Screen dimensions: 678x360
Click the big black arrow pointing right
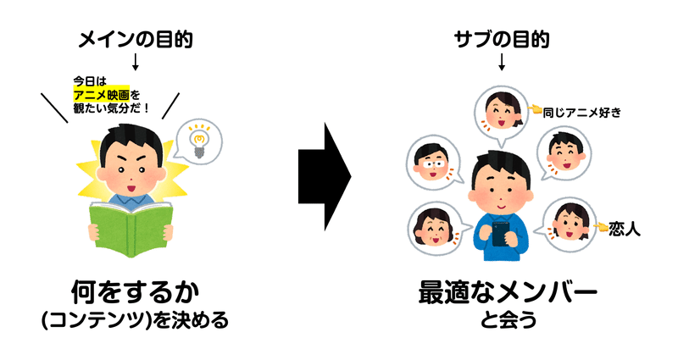(325, 180)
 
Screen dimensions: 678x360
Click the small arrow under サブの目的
(502, 63)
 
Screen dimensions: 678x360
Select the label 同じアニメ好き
(581, 110)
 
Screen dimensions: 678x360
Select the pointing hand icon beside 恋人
(601, 227)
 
